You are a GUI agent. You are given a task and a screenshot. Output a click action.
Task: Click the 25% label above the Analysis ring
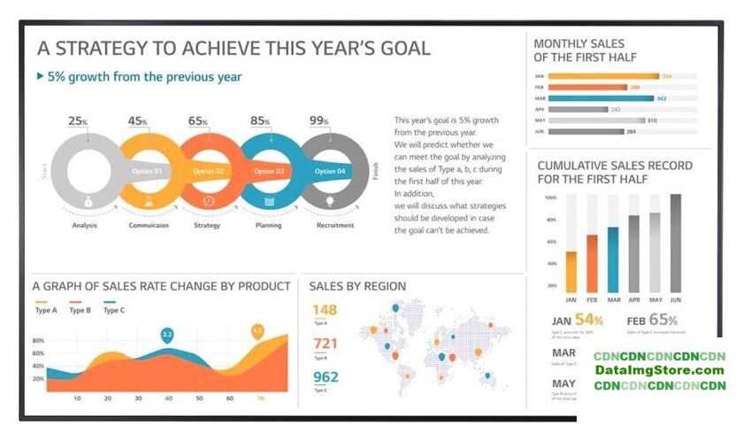pos(78,121)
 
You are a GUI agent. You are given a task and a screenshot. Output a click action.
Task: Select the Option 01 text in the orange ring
pos(147,171)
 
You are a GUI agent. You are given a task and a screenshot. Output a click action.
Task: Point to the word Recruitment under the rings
pos(335,225)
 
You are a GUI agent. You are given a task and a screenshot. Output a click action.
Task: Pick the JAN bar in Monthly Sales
pos(603,76)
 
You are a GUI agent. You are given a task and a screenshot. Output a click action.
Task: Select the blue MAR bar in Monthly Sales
pos(601,98)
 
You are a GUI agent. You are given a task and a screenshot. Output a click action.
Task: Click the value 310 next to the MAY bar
pos(652,120)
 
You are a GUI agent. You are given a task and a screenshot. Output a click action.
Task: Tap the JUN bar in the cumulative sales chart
pos(676,243)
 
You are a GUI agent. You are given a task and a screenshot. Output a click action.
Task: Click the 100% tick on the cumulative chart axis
pos(550,197)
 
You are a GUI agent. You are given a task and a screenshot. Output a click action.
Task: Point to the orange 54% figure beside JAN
pos(589,320)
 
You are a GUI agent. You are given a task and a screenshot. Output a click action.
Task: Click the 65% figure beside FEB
pos(663,320)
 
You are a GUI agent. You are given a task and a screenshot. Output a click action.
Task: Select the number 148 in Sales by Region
pos(325,310)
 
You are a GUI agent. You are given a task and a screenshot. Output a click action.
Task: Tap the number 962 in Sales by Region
pos(325,377)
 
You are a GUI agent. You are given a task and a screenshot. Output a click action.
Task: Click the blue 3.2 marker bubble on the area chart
pos(166,335)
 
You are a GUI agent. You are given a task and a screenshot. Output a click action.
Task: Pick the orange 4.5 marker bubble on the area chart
pos(257,330)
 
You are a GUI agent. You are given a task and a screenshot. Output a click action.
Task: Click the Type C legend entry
pos(114,310)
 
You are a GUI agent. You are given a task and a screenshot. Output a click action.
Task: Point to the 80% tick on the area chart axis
pos(38,340)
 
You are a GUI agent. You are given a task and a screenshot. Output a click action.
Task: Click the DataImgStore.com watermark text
pos(659,370)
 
